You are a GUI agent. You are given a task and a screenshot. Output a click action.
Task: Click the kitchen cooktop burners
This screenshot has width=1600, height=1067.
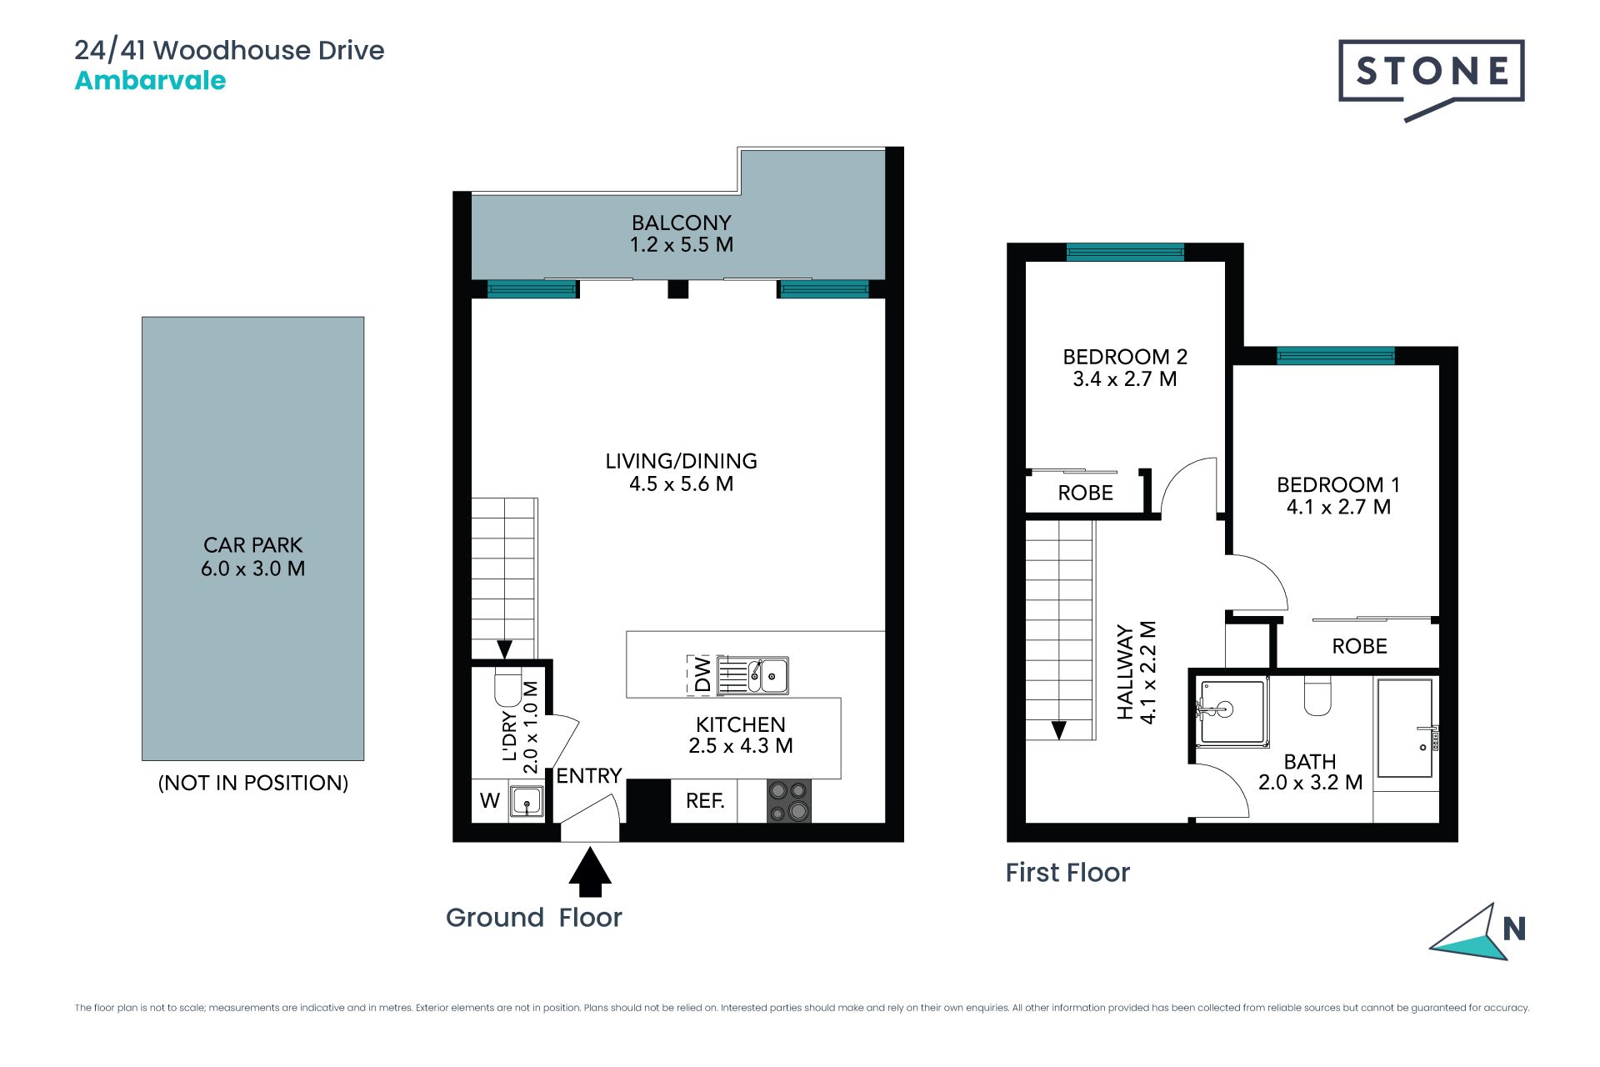click(788, 801)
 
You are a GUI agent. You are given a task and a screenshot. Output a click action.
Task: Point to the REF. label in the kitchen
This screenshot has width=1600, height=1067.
click(705, 801)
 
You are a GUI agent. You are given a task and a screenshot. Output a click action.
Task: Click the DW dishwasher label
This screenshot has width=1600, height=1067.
click(702, 675)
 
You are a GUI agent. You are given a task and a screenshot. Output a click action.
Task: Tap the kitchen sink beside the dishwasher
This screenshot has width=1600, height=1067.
click(753, 675)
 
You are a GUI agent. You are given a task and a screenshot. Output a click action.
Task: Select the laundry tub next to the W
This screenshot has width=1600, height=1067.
click(526, 802)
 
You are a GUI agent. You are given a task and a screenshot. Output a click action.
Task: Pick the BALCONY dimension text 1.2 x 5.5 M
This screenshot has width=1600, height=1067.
click(682, 245)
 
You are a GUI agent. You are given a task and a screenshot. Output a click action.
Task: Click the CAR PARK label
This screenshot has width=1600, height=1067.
click(252, 545)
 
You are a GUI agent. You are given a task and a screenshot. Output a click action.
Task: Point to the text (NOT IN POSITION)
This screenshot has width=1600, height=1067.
click(253, 783)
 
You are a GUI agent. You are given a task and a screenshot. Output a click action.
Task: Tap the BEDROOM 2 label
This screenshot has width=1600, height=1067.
click(1125, 357)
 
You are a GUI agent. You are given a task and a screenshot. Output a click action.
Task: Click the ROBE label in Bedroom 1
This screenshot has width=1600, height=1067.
click(1359, 646)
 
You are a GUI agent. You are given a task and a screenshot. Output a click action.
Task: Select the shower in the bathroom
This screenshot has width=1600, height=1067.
click(1232, 712)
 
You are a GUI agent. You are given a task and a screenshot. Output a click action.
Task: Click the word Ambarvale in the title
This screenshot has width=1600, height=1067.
click(150, 81)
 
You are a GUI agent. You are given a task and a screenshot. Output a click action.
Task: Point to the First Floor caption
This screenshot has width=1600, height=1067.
click(1067, 873)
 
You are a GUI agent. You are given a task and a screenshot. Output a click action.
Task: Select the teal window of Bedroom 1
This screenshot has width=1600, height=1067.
click(1336, 356)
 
